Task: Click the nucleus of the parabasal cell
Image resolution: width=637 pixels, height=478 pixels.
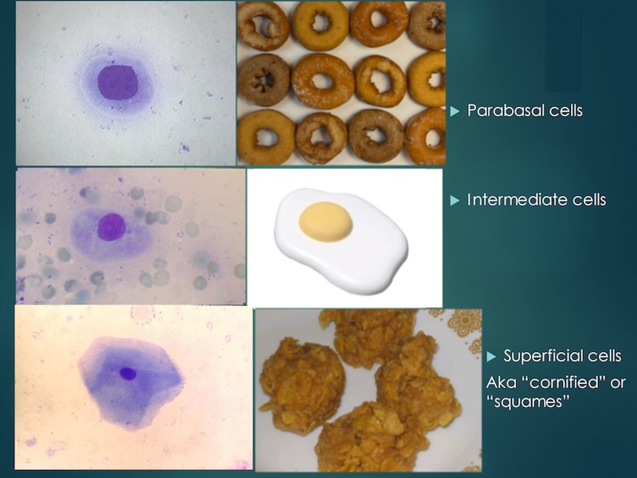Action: coord(118,83)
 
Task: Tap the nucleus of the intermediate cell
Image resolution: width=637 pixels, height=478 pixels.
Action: coord(111,227)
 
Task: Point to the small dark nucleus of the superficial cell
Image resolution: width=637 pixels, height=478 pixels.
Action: coord(128,373)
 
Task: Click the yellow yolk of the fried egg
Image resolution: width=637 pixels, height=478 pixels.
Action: coord(325,221)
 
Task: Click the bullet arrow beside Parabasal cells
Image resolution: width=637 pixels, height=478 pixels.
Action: coord(455,111)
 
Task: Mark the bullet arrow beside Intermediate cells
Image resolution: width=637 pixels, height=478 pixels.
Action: coord(455,200)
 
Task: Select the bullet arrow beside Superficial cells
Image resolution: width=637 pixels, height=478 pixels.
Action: coord(491,357)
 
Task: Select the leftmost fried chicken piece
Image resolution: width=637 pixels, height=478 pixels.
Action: coord(300,385)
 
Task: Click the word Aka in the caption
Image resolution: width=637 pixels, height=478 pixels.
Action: coord(501,383)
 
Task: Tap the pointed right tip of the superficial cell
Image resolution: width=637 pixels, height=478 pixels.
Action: coord(183,382)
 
